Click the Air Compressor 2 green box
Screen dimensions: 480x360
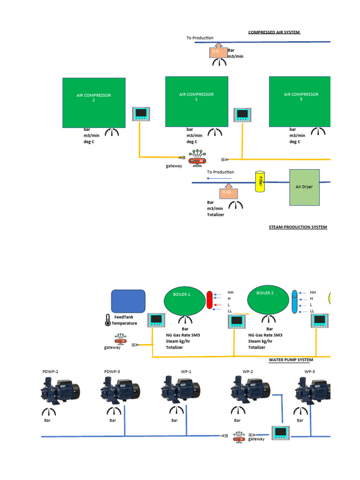[94, 103]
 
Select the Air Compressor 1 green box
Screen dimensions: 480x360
[196, 102]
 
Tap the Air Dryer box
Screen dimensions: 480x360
[304, 187]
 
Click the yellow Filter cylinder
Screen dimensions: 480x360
[259, 181]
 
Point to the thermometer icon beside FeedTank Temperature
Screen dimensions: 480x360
[107, 320]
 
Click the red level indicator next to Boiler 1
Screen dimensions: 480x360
[210, 300]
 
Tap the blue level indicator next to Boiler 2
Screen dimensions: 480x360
[294, 301]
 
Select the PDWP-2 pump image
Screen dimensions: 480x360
[60, 390]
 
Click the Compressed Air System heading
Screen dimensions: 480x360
[274, 32]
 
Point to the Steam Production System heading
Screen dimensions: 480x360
[298, 227]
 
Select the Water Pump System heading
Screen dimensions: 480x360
[291, 360]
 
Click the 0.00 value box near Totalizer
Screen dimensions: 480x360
[227, 192]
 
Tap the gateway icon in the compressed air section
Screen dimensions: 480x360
[196, 157]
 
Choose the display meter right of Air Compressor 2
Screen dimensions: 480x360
[141, 114]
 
